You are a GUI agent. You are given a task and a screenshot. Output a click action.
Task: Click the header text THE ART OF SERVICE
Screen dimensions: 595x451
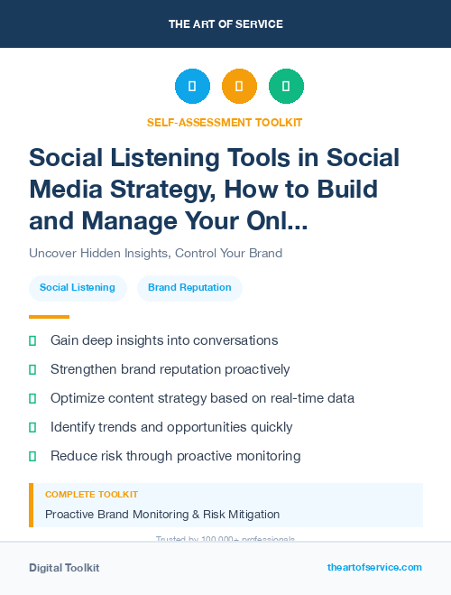(x=225, y=23)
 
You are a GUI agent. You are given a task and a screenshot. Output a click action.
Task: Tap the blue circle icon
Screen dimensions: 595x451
(x=192, y=87)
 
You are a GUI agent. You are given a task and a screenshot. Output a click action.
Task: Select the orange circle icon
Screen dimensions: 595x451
(x=239, y=87)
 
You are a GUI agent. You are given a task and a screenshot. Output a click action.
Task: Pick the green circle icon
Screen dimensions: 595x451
(x=286, y=87)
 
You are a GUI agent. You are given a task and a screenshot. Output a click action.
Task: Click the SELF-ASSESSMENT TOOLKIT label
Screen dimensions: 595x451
(x=225, y=122)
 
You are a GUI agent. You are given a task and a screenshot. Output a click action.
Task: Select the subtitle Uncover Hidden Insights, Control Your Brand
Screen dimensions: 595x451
(x=155, y=253)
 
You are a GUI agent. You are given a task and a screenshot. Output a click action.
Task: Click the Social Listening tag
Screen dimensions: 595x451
(x=78, y=288)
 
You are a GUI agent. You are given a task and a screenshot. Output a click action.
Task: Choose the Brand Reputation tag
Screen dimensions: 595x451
(x=189, y=288)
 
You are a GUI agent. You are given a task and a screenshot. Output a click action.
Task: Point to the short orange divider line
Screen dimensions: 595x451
(x=49, y=317)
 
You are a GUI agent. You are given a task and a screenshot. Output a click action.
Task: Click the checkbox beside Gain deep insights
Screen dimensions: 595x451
(x=32, y=340)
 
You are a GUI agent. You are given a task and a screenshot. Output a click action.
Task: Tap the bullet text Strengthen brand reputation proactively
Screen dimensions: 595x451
(x=170, y=369)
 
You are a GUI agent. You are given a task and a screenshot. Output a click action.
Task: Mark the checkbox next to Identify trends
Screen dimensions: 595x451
(x=32, y=427)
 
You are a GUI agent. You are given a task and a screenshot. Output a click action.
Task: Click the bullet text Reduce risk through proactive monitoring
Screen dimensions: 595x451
(x=175, y=456)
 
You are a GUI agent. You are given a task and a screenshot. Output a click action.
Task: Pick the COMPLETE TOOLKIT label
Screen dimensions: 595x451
(x=92, y=495)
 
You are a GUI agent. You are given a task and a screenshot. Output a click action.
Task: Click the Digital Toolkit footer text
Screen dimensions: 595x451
(x=64, y=568)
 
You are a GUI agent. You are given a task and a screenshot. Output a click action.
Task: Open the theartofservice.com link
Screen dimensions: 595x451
(x=374, y=567)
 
